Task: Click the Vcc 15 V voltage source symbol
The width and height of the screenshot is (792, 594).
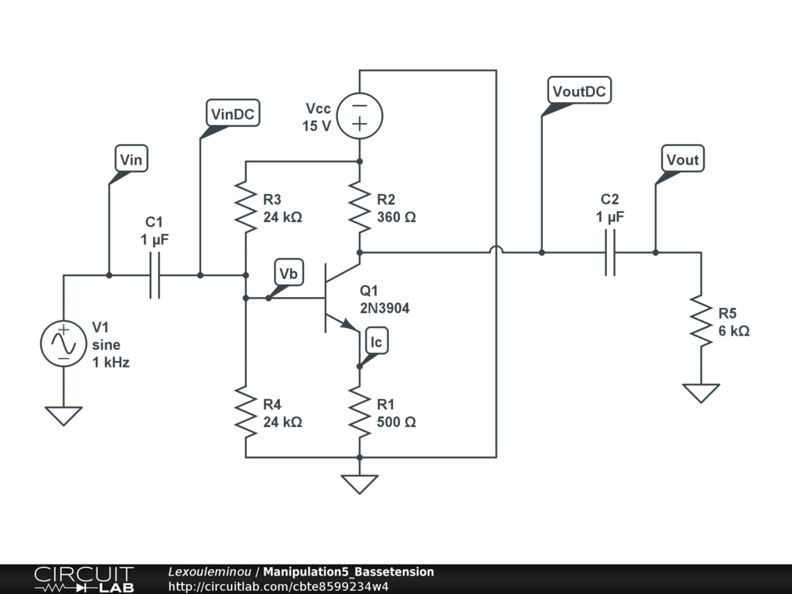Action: coord(360,116)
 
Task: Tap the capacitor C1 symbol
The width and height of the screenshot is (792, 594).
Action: coord(155,275)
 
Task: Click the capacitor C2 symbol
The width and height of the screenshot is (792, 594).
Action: coord(609,252)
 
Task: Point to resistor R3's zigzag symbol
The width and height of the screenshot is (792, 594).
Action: coord(246,207)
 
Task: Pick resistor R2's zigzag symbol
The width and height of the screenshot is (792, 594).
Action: coord(360,207)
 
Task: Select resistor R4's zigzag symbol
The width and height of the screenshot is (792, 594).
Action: coord(246,411)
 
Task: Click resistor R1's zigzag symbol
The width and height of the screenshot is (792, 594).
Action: coord(360,411)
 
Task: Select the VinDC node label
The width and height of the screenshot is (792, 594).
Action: coord(234,114)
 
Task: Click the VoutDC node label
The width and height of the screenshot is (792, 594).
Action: coord(579,90)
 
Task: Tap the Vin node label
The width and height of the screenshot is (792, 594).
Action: coord(131,160)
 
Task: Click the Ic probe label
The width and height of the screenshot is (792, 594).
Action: coord(376,342)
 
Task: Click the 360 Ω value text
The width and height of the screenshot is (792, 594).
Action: coord(396,217)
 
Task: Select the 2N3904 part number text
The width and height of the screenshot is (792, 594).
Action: coord(384,308)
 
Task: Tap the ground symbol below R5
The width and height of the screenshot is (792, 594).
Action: coord(702,393)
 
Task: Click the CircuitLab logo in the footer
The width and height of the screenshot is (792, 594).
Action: coord(83,579)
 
